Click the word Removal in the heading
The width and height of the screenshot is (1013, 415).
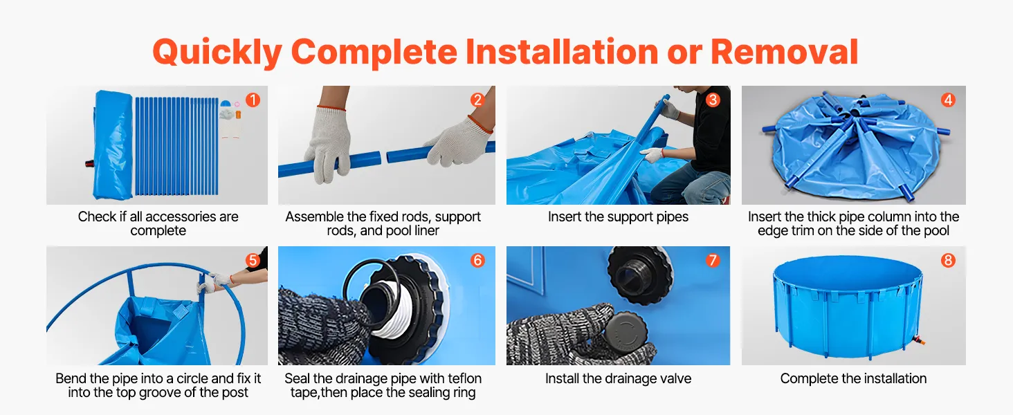(x=785, y=52)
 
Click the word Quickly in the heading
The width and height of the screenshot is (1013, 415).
(x=217, y=53)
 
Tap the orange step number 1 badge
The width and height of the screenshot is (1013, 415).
(x=253, y=100)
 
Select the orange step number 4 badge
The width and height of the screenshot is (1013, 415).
(x=949, y=100)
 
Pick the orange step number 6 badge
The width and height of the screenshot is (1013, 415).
(x=477, y=260)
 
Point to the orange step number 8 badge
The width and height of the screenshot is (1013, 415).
(x=949, y=260)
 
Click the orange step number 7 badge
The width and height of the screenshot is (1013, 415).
(x=712, y=260)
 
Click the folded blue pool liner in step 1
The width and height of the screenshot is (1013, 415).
(x=111, y=145)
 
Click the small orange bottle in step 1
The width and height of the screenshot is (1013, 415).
(x=238, y=115)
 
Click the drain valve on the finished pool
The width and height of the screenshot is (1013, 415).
(x=919, y=340)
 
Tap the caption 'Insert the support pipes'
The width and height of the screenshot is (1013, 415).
(x=618, y=216)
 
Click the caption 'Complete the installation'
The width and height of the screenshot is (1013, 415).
(x=853, y=378)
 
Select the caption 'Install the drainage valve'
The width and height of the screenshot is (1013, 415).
(x=618, y=378)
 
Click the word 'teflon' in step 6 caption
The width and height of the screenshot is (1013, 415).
(x=465, y=378)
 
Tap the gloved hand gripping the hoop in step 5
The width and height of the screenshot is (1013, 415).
(x=213, y=282)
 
